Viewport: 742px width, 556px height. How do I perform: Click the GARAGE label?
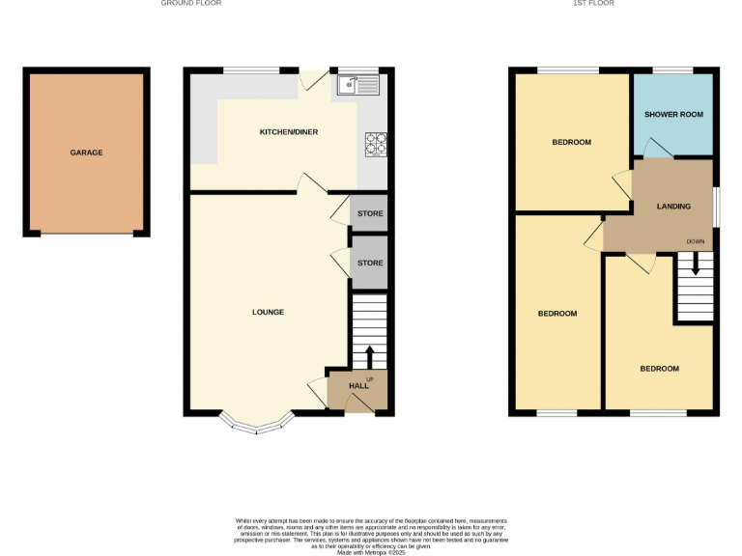click(86, 153)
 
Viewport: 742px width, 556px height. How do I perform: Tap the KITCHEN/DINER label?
click(288, 131)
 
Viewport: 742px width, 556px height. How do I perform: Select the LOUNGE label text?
click(268, 312)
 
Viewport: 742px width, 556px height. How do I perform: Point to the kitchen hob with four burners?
click(375, 144)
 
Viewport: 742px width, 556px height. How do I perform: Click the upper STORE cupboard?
click(369, 213)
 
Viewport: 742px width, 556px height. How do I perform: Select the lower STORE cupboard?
click(369, 263)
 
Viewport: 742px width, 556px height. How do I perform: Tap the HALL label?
click(358, 386)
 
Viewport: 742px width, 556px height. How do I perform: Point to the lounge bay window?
click(258, 423)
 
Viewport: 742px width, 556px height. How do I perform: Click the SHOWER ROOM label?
click(673, 115)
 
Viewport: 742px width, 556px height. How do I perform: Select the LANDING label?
click(673, 207)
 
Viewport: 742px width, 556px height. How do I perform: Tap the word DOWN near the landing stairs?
click(696, 241)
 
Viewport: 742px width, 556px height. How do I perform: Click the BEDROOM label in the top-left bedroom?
click(571, 143)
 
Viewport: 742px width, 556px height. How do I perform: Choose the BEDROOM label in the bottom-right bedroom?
click(659, 369)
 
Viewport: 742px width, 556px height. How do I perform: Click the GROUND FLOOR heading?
click(191, 4)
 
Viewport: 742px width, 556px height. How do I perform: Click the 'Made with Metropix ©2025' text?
click(371, 552)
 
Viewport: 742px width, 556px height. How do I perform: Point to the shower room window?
click(672, 69)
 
